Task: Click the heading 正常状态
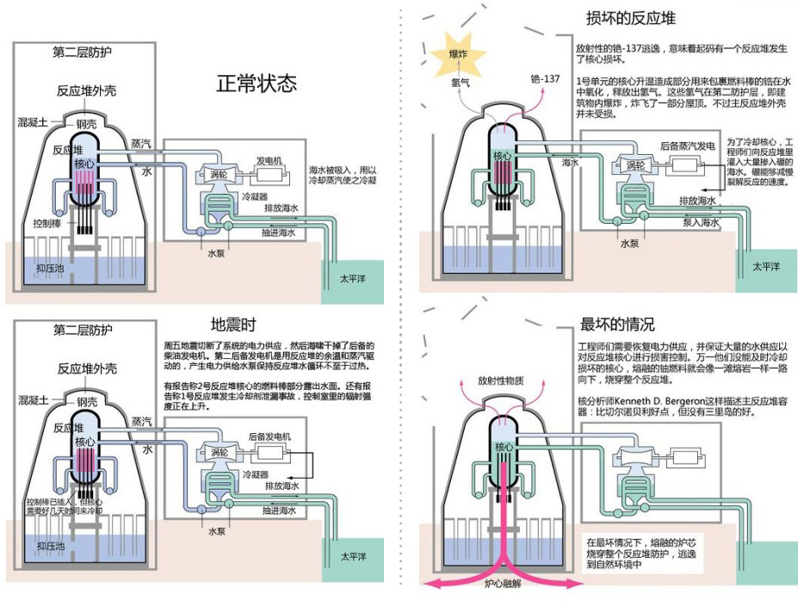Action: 257,84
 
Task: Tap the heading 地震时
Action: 232,325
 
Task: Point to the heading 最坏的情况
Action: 618,325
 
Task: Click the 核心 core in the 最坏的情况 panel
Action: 504,448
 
